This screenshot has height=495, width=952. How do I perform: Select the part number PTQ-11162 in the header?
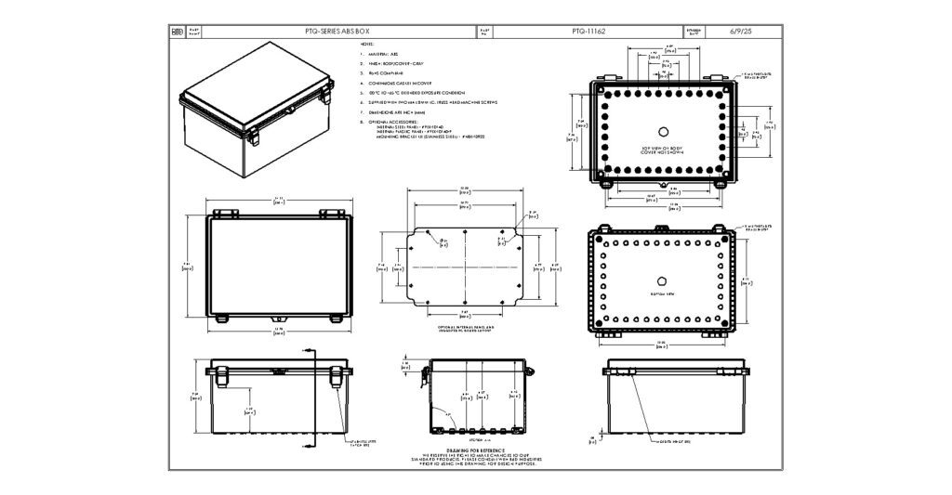pos(588,32)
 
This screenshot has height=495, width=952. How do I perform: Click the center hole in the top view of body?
pos(663,130)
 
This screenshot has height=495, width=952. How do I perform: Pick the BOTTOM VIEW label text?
pos(663,293)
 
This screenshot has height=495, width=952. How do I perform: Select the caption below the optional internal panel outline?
pos(465,329)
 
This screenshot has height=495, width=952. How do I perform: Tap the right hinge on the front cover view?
pos(329,214)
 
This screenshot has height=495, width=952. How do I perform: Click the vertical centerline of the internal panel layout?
pos(464,265)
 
